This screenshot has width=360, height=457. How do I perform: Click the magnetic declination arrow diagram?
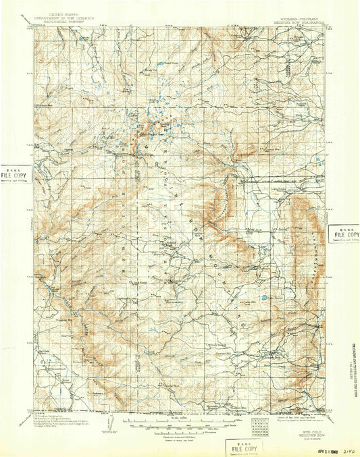point(106,425)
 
